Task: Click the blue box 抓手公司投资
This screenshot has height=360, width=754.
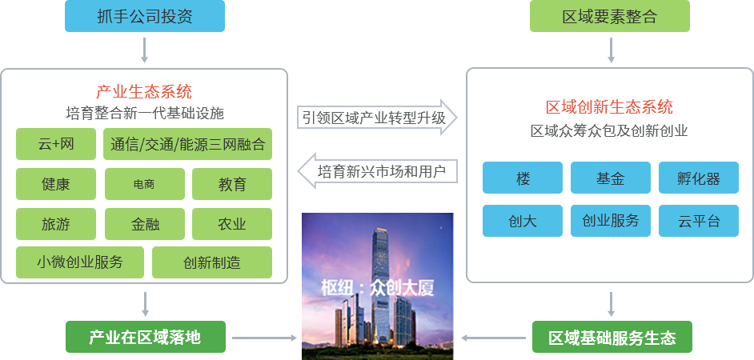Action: click(144, 17)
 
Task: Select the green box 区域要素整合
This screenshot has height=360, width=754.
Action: click(609, 17)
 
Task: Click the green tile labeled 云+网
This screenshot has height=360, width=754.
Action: click(55, 145)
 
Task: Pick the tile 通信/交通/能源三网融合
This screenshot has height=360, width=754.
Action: click(187, 145)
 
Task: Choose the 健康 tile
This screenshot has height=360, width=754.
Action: click(55, 184)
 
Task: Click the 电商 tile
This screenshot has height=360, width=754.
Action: click(144, 184)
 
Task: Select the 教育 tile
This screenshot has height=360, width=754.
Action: click(232, 184)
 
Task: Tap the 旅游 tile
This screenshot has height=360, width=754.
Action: click(55, 224)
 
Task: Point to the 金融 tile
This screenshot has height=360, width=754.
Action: click(144, 224)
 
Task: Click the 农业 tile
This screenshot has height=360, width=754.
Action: click(232, 224)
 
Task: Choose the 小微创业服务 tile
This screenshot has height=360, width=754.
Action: click(79, 262)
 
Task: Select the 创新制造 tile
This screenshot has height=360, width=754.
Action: click(211, 262)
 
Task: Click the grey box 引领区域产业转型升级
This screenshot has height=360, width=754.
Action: click(377, 118)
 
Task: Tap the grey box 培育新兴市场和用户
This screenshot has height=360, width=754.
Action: click(377, 170)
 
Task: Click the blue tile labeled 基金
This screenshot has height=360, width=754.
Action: click(611, 178)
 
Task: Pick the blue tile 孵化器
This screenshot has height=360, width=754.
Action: click(699, 178)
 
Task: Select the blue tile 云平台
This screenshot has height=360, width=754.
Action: click(699, 221)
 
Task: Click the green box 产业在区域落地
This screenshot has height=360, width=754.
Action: click(145, 338)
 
